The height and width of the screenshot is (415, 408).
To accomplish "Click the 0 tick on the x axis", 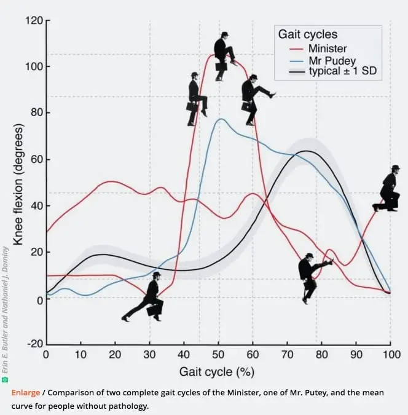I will (x=46, y=355).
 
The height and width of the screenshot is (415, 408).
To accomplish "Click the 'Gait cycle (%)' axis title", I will (x=216, y=371).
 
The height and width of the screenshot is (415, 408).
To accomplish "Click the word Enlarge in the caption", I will (x=25, y=392).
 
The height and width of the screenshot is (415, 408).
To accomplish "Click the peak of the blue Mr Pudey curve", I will (x=221, y=119).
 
